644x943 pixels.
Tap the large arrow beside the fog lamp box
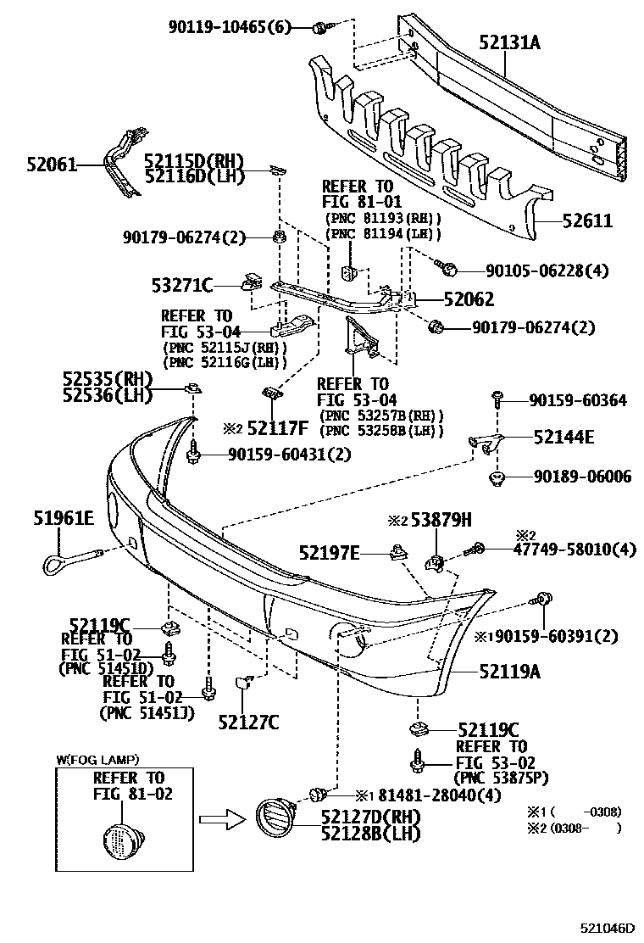223,819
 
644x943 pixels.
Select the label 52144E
563,438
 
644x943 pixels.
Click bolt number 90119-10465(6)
229,28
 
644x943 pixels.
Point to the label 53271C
183,285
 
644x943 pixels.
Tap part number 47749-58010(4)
575,550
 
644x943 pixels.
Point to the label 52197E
329,554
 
